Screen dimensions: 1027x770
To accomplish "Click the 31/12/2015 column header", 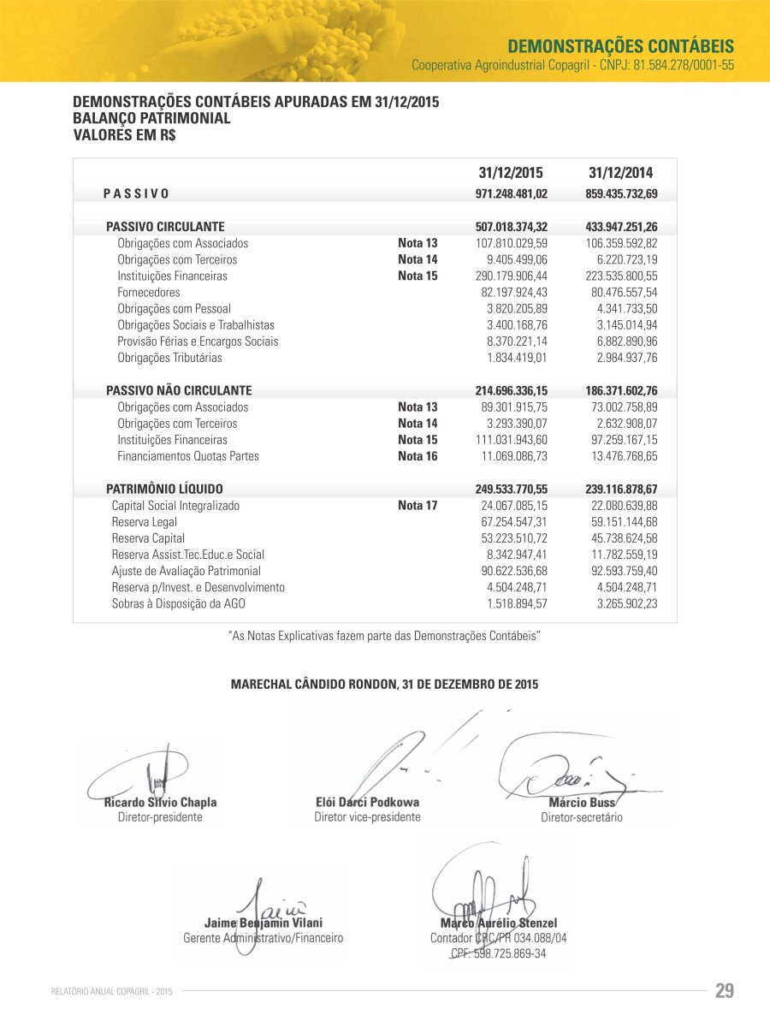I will click(511, 173).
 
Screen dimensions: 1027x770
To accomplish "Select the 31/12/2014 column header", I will click(621, 173).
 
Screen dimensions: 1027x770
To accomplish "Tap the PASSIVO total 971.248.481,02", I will click(511, 194).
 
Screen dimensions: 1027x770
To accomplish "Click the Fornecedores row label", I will click(149, 293).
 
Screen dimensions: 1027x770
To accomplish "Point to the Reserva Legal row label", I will click(139, 522).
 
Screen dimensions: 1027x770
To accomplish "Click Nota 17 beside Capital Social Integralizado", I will click(418, 506).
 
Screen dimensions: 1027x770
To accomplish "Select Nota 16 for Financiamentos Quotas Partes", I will click(418, 456).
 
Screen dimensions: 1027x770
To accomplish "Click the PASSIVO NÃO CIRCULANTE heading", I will click(179, 390).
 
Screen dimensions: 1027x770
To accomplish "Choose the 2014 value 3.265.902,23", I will click(627, 603).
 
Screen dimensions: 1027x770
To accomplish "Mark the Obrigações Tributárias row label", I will click(169, 358).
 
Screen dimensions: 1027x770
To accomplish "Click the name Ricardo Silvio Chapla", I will click(160, 803).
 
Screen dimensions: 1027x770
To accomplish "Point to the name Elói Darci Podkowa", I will click(368, 803).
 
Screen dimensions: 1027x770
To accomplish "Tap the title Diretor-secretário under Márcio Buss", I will click(582, 818).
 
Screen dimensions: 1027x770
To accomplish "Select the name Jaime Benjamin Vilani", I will click(264, 923).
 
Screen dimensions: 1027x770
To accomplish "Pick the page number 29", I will click(724, 991).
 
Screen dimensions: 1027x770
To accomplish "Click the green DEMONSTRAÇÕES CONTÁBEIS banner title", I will click(620, 45).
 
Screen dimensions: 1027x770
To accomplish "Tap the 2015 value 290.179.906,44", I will click(511, 276).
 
